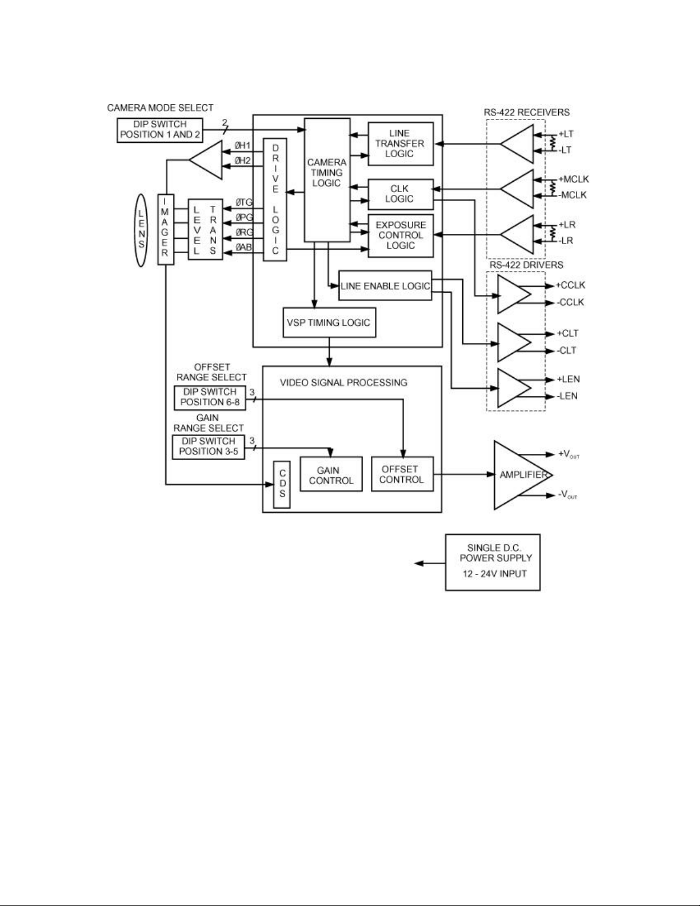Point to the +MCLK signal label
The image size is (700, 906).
(x=573, y=179)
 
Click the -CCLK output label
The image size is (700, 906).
(x=570, y=302)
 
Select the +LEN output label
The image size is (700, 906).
(x=568, y=379)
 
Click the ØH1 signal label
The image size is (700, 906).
(x=242, y=146)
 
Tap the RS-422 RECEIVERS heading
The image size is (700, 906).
(x=527, y=112)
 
